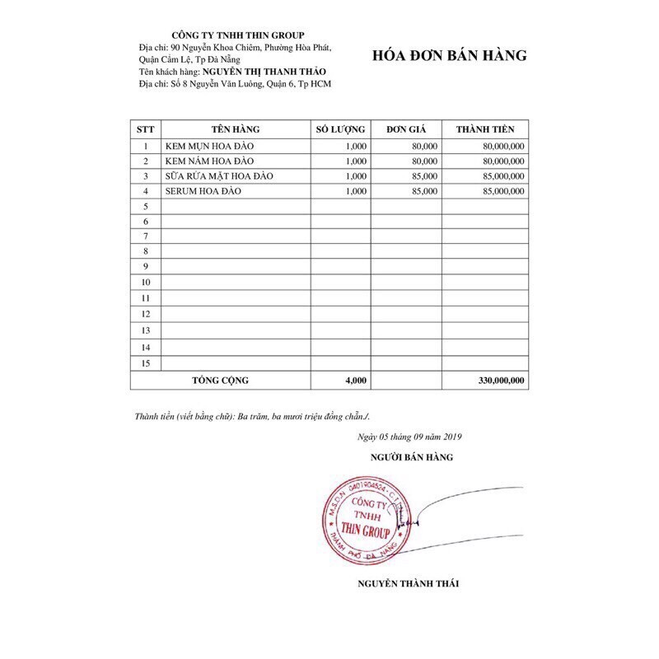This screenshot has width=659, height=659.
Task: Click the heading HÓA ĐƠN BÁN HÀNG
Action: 450,56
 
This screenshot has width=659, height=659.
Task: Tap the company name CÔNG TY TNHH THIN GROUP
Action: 237,35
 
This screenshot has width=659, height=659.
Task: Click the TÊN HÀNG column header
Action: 235,129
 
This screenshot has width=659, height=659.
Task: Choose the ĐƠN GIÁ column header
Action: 406,129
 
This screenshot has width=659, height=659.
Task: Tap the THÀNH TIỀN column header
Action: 485,129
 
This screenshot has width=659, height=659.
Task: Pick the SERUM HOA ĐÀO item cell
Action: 207,191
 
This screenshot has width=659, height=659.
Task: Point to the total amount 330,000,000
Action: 501,381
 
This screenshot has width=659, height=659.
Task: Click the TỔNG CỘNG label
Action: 220,381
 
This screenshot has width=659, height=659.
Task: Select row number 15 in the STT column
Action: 145,362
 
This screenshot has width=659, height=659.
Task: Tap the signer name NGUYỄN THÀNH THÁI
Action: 409,583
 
